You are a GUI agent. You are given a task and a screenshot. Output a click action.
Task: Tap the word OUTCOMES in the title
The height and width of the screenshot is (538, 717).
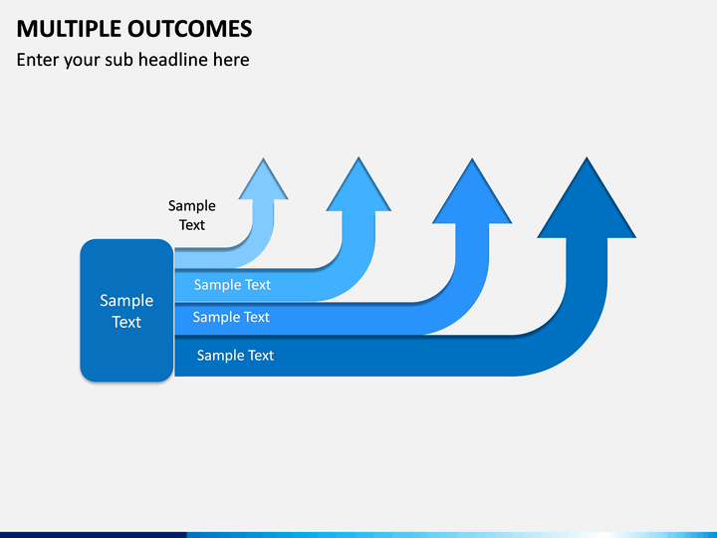click(189, 29)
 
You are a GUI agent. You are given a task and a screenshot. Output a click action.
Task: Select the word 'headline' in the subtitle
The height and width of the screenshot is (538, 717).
click(173, 60)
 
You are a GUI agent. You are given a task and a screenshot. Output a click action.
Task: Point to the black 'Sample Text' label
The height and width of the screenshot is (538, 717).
click(191, 215)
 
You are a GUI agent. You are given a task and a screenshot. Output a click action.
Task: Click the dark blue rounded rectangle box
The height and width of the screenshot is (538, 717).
click(126, 310)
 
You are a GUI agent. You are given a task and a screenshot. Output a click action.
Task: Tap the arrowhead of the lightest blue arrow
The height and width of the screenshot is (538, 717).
click(263, 179)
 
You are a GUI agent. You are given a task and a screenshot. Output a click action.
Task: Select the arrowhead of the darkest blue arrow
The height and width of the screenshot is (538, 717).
click(587, 197)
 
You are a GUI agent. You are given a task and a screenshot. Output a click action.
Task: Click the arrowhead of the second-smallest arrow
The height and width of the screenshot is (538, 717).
click(358, 184)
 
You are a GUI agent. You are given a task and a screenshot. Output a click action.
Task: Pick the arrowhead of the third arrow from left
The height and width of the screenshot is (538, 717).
click(472, 191)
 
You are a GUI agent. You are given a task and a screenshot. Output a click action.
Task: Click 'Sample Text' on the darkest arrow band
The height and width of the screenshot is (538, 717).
click(235, 356)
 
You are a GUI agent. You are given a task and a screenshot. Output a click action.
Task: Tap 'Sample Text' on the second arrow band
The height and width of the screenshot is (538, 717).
click(232, 285)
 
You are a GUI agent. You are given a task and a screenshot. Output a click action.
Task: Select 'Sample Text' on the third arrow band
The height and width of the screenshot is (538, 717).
click(231, 317)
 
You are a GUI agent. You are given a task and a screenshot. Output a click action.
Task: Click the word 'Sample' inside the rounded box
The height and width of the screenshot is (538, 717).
click(126, 301)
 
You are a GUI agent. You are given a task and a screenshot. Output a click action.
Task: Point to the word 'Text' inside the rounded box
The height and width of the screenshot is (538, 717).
click(126, 322)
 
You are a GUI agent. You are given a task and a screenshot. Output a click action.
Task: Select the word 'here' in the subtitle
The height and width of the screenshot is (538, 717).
click(231, 60)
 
